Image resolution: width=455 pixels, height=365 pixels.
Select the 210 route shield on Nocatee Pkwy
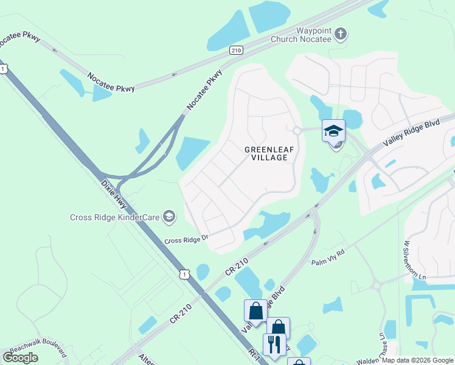click(237, 50)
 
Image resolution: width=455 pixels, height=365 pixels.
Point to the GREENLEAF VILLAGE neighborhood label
click(266, 153)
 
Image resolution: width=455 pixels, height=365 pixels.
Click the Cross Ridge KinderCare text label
click(115, 217)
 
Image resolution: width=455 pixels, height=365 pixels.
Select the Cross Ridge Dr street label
click(187, 240)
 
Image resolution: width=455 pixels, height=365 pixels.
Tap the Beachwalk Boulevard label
click(36, 351)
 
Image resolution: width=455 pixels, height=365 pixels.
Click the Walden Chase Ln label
click(383, 345)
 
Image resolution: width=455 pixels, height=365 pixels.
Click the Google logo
click(20, 358)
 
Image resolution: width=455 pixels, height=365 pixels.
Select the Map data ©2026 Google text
click(417, 360)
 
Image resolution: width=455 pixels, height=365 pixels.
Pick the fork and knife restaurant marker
click(274, 345)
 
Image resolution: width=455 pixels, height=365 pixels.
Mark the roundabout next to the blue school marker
click(297, 130)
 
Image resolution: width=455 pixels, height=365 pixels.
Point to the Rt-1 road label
click(255, 355)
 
